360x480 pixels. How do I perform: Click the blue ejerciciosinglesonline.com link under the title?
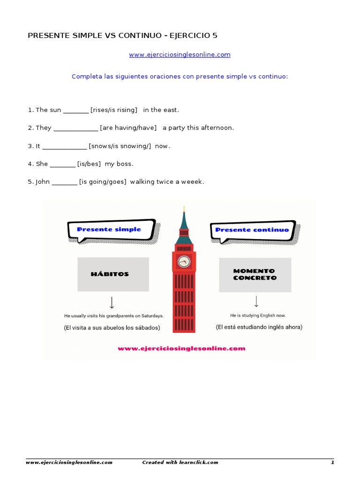180,55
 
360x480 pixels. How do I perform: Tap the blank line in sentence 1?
75,111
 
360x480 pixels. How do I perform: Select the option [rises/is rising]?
114,110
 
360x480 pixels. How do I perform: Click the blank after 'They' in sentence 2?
75,128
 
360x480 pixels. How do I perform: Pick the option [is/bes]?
89,164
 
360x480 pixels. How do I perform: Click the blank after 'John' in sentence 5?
64,182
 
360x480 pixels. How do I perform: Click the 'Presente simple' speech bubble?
111,230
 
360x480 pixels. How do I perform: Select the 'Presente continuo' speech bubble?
252,230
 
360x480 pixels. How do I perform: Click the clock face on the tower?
184,262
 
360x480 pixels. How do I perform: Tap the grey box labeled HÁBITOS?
113,274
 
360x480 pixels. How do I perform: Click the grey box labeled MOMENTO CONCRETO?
255,275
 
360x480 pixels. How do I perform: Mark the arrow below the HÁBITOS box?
112,302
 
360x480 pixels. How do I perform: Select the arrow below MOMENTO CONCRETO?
256,301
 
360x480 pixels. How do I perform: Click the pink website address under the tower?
181,348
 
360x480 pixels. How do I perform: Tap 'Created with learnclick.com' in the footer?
180,463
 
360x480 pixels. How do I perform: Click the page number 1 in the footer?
332,463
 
